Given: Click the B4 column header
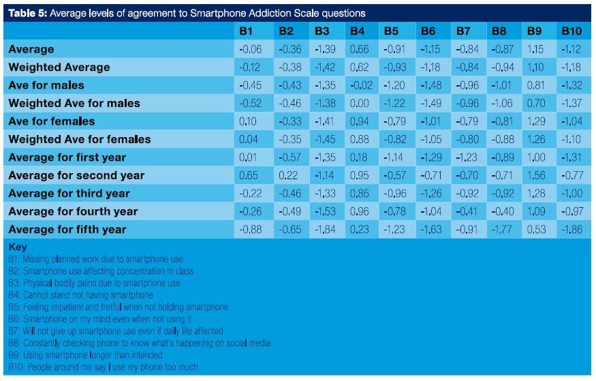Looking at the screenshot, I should pos(357,31).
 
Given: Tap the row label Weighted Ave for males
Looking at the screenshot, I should pos(74,104).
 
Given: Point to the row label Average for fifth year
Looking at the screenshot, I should pos(67,230).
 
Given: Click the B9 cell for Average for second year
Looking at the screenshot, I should pos(536,175).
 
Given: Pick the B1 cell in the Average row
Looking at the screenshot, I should pos(251,50).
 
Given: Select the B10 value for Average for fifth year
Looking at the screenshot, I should pos(571,230).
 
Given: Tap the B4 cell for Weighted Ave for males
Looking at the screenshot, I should pos(358,104).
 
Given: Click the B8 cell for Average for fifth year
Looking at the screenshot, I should pos(501,230).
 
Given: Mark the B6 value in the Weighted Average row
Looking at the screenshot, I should pos(428,67).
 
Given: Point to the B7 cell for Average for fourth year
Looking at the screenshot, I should pos(465,211).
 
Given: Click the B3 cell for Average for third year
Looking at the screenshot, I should pos(321,194).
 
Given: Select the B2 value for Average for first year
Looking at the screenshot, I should pos(287,157).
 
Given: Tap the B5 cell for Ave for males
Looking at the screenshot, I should pos(392,85).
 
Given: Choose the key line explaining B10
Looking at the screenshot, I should pos(103,367).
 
